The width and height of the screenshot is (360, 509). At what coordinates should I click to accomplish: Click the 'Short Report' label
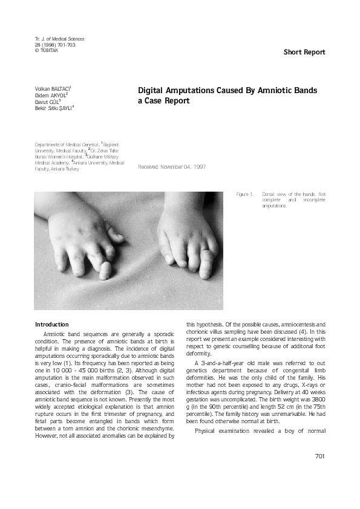[x=304, y=52]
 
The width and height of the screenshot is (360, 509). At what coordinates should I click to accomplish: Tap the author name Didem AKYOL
[x=51, y=96]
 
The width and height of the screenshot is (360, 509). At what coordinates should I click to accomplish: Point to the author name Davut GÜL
[x=47, y=102]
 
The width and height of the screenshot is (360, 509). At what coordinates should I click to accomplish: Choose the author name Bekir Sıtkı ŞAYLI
[x=53, y=108]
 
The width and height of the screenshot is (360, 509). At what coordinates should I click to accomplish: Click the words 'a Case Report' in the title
[x=164, y=101]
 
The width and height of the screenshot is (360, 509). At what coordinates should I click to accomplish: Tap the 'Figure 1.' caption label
[x=244, y=194]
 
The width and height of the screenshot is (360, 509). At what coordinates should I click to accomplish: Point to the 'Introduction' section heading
[x=52, y=325]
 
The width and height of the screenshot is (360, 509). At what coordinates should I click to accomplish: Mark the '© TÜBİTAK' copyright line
[x=48, y=50]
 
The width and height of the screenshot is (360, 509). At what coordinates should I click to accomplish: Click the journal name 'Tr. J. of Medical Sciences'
[x=59, y=39]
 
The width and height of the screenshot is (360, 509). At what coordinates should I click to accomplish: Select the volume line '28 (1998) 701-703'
[x=55, y=45]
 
